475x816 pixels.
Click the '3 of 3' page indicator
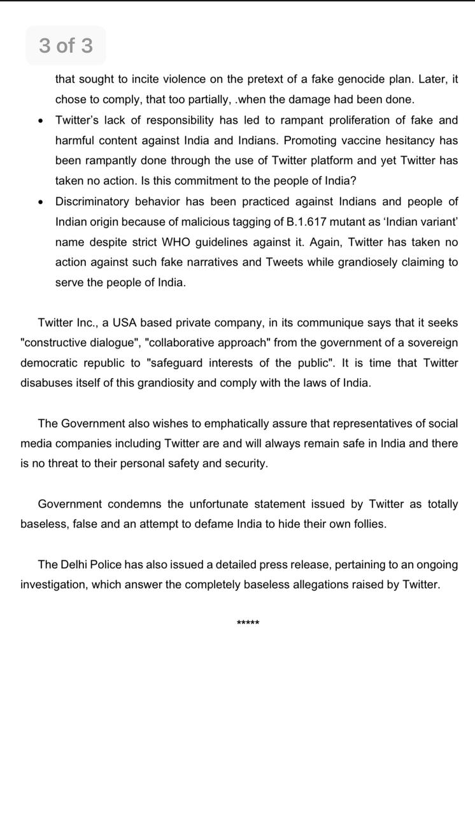point(66,45)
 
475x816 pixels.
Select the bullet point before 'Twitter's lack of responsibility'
point(41,120)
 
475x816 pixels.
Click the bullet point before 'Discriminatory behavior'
point(41,202)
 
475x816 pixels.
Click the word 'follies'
point(366,524)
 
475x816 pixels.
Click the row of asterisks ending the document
point(248,623)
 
